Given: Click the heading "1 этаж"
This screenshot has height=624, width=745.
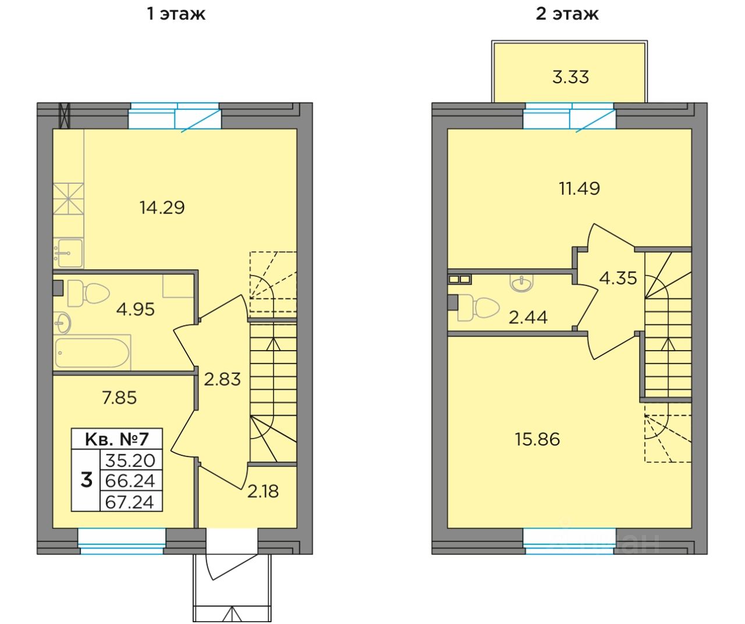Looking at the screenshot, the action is [x=176, y=14].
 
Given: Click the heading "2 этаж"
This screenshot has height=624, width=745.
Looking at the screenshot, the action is [x=567, y=14].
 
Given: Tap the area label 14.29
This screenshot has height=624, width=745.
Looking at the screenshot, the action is [x=162, y=208].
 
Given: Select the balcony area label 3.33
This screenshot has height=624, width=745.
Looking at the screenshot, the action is [x=570, y=77].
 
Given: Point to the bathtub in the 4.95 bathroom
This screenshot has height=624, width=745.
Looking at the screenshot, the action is [x=93, y=352].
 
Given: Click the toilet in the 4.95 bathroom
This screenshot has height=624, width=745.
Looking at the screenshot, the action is [x=88, y=293].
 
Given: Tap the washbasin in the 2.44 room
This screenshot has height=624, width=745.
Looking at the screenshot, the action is [x=522, y=283].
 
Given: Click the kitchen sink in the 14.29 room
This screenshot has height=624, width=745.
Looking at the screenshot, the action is [x=69, y=253].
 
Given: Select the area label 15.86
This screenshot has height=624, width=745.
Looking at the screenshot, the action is [x=537, y=440].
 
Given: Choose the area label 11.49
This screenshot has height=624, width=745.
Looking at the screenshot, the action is [x=580, y=188].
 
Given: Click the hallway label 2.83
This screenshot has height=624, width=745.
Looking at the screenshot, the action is [x=222, y=379].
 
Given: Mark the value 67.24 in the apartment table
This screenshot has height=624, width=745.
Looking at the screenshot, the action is [x=130, y=502].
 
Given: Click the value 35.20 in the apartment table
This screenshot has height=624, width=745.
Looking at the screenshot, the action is [x=130, y=461].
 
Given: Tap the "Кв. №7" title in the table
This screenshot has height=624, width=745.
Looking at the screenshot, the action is [x=116, y=439].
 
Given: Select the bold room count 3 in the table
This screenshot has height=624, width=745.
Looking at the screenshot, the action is [x=86, y=480].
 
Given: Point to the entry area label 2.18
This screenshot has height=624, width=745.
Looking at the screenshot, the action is [x=262, y=491].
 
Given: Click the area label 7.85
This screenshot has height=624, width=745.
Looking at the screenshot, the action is [x=119, y=398].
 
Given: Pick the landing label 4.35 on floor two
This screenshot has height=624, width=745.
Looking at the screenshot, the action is [x=618, y=279].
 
